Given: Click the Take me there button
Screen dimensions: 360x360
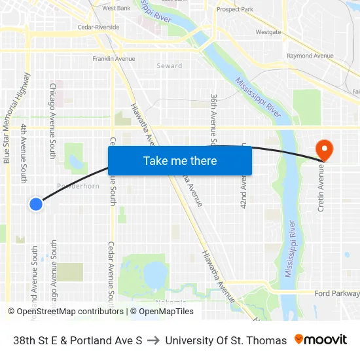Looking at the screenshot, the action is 180,160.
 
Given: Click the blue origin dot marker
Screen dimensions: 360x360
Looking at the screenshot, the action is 36,204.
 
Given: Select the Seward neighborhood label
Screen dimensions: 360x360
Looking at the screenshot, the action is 170,66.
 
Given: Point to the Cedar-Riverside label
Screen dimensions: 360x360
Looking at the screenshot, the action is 98,27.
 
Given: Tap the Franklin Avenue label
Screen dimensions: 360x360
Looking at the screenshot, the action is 114,59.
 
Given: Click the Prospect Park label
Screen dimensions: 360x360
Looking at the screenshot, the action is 234,10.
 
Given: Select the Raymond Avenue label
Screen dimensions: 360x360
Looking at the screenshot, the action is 310,56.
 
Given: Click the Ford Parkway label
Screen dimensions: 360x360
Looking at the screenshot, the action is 336,294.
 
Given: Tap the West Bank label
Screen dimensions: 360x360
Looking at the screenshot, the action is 117,9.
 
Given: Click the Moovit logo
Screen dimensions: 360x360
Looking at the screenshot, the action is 321,340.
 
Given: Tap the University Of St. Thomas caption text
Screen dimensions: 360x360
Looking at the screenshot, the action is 226,340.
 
